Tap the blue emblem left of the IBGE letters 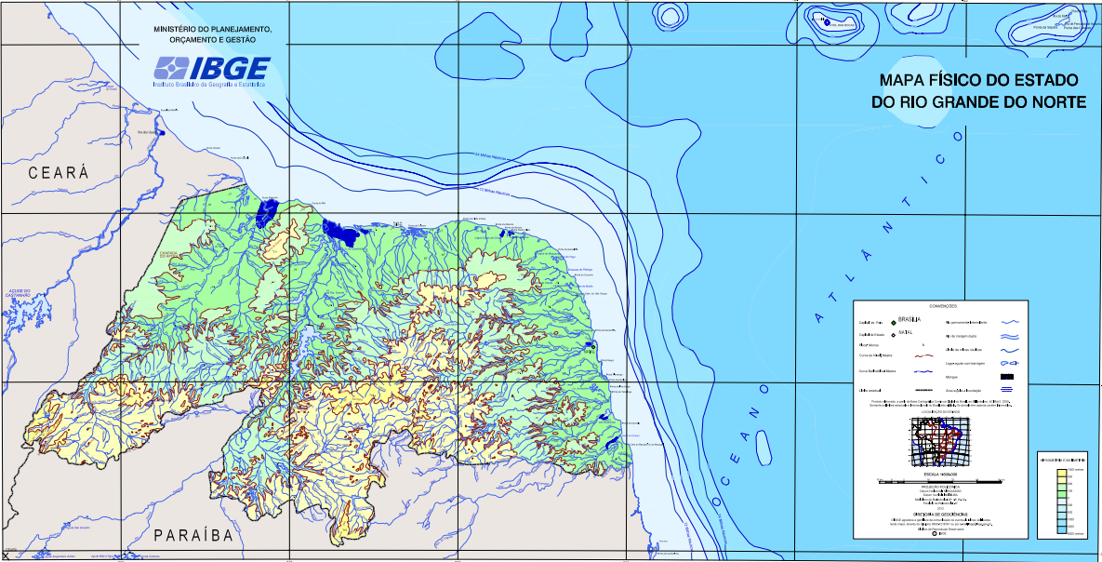click(x=171, y=68)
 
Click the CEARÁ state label click(x=58, y=173)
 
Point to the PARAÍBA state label click(x=193, y=535)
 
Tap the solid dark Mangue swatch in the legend click(x=1010, y=376)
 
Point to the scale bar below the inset click(x=940, y=481)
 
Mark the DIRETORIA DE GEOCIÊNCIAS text click(x=940, y=513)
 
